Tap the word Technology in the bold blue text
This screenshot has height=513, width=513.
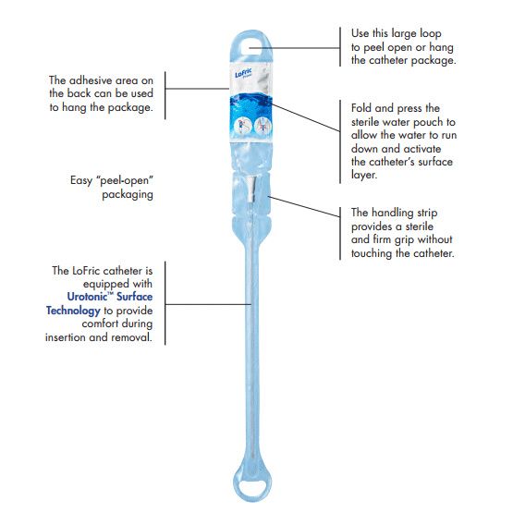(x=73, y=311)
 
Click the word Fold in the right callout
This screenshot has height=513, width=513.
(x=363, y=107)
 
